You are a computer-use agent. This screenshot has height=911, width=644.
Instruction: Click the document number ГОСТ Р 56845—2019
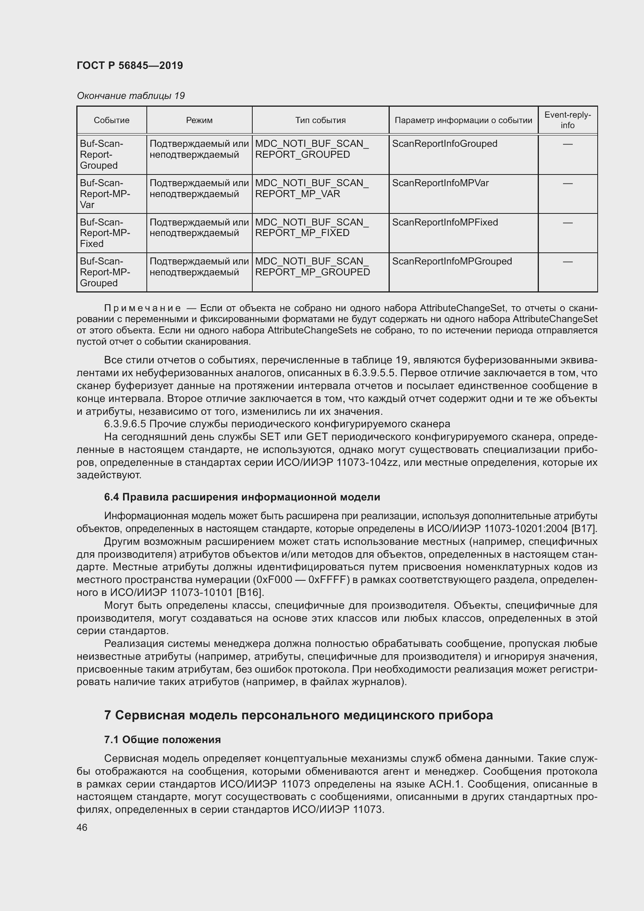130,65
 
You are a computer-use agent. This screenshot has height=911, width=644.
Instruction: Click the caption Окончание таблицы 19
130,96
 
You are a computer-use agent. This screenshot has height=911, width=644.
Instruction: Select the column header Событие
111,120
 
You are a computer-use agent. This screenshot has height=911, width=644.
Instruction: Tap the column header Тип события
320,120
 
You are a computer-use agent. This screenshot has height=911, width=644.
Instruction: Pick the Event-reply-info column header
567,120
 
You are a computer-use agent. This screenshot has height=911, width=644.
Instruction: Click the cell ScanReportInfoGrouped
444,144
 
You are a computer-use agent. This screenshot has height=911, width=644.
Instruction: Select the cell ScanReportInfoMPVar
440,183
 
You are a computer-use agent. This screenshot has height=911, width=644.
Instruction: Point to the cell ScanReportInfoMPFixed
445,222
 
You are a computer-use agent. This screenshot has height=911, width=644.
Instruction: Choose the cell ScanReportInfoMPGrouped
452,261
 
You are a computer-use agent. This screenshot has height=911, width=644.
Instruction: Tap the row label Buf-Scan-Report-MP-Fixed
105,233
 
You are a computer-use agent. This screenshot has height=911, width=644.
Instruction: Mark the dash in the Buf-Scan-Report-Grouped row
567,144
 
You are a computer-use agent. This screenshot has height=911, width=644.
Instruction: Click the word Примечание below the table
143,308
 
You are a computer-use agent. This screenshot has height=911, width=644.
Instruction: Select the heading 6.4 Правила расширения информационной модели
242,497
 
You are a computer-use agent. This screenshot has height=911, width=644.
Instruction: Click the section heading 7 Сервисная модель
298,715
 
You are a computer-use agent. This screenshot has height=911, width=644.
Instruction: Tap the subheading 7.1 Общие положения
162,740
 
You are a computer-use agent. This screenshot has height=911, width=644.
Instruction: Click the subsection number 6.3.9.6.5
125,424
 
